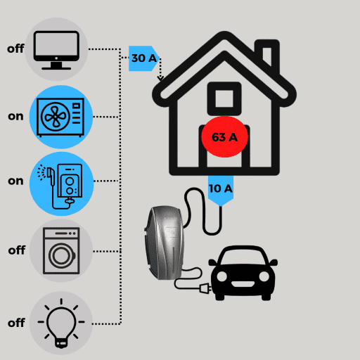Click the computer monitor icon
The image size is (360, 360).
point(56,50)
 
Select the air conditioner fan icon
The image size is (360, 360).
point(60,117)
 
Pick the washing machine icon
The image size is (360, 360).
point(61,250)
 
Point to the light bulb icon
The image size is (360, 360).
point(61,323)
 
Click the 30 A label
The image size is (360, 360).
point(144,58)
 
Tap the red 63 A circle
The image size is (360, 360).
point(224,137)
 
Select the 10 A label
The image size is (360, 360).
point(221,189)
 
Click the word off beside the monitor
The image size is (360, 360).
point(15,49)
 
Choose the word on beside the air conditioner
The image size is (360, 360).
point(15,117)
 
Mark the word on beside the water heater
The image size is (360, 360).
point(15,181)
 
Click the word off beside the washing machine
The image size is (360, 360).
point(17,250)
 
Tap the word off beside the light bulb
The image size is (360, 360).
point(16,323)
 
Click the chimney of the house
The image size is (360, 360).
point(267,55)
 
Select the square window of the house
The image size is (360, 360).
point(224,98)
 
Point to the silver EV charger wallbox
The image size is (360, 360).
point(164,243)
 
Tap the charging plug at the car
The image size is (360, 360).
point(205,288)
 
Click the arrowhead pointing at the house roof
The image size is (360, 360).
point(160,78)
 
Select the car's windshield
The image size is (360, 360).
point(243,257)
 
